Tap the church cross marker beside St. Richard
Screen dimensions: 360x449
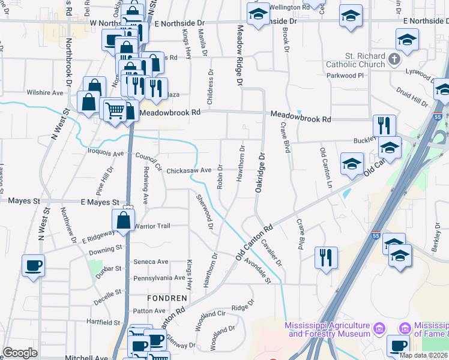click(394, 59)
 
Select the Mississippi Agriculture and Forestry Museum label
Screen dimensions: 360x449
click(328, 330)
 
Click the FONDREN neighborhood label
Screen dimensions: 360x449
click(167, 298)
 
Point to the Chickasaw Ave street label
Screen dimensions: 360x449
click(189, 170)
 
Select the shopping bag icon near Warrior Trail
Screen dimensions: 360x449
click(123, 220)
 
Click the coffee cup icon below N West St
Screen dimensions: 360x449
click(34, 265)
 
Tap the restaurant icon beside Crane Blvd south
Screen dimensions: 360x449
click(326, 257)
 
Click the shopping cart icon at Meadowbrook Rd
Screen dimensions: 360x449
click(114, 110)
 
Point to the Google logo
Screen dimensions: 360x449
click(20, 353)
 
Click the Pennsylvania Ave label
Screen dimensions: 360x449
click(159, 278)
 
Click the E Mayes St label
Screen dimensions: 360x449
click(97, 202)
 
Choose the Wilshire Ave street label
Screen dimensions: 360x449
click(45, 93)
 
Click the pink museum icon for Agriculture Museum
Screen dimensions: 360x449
click(379, 329)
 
